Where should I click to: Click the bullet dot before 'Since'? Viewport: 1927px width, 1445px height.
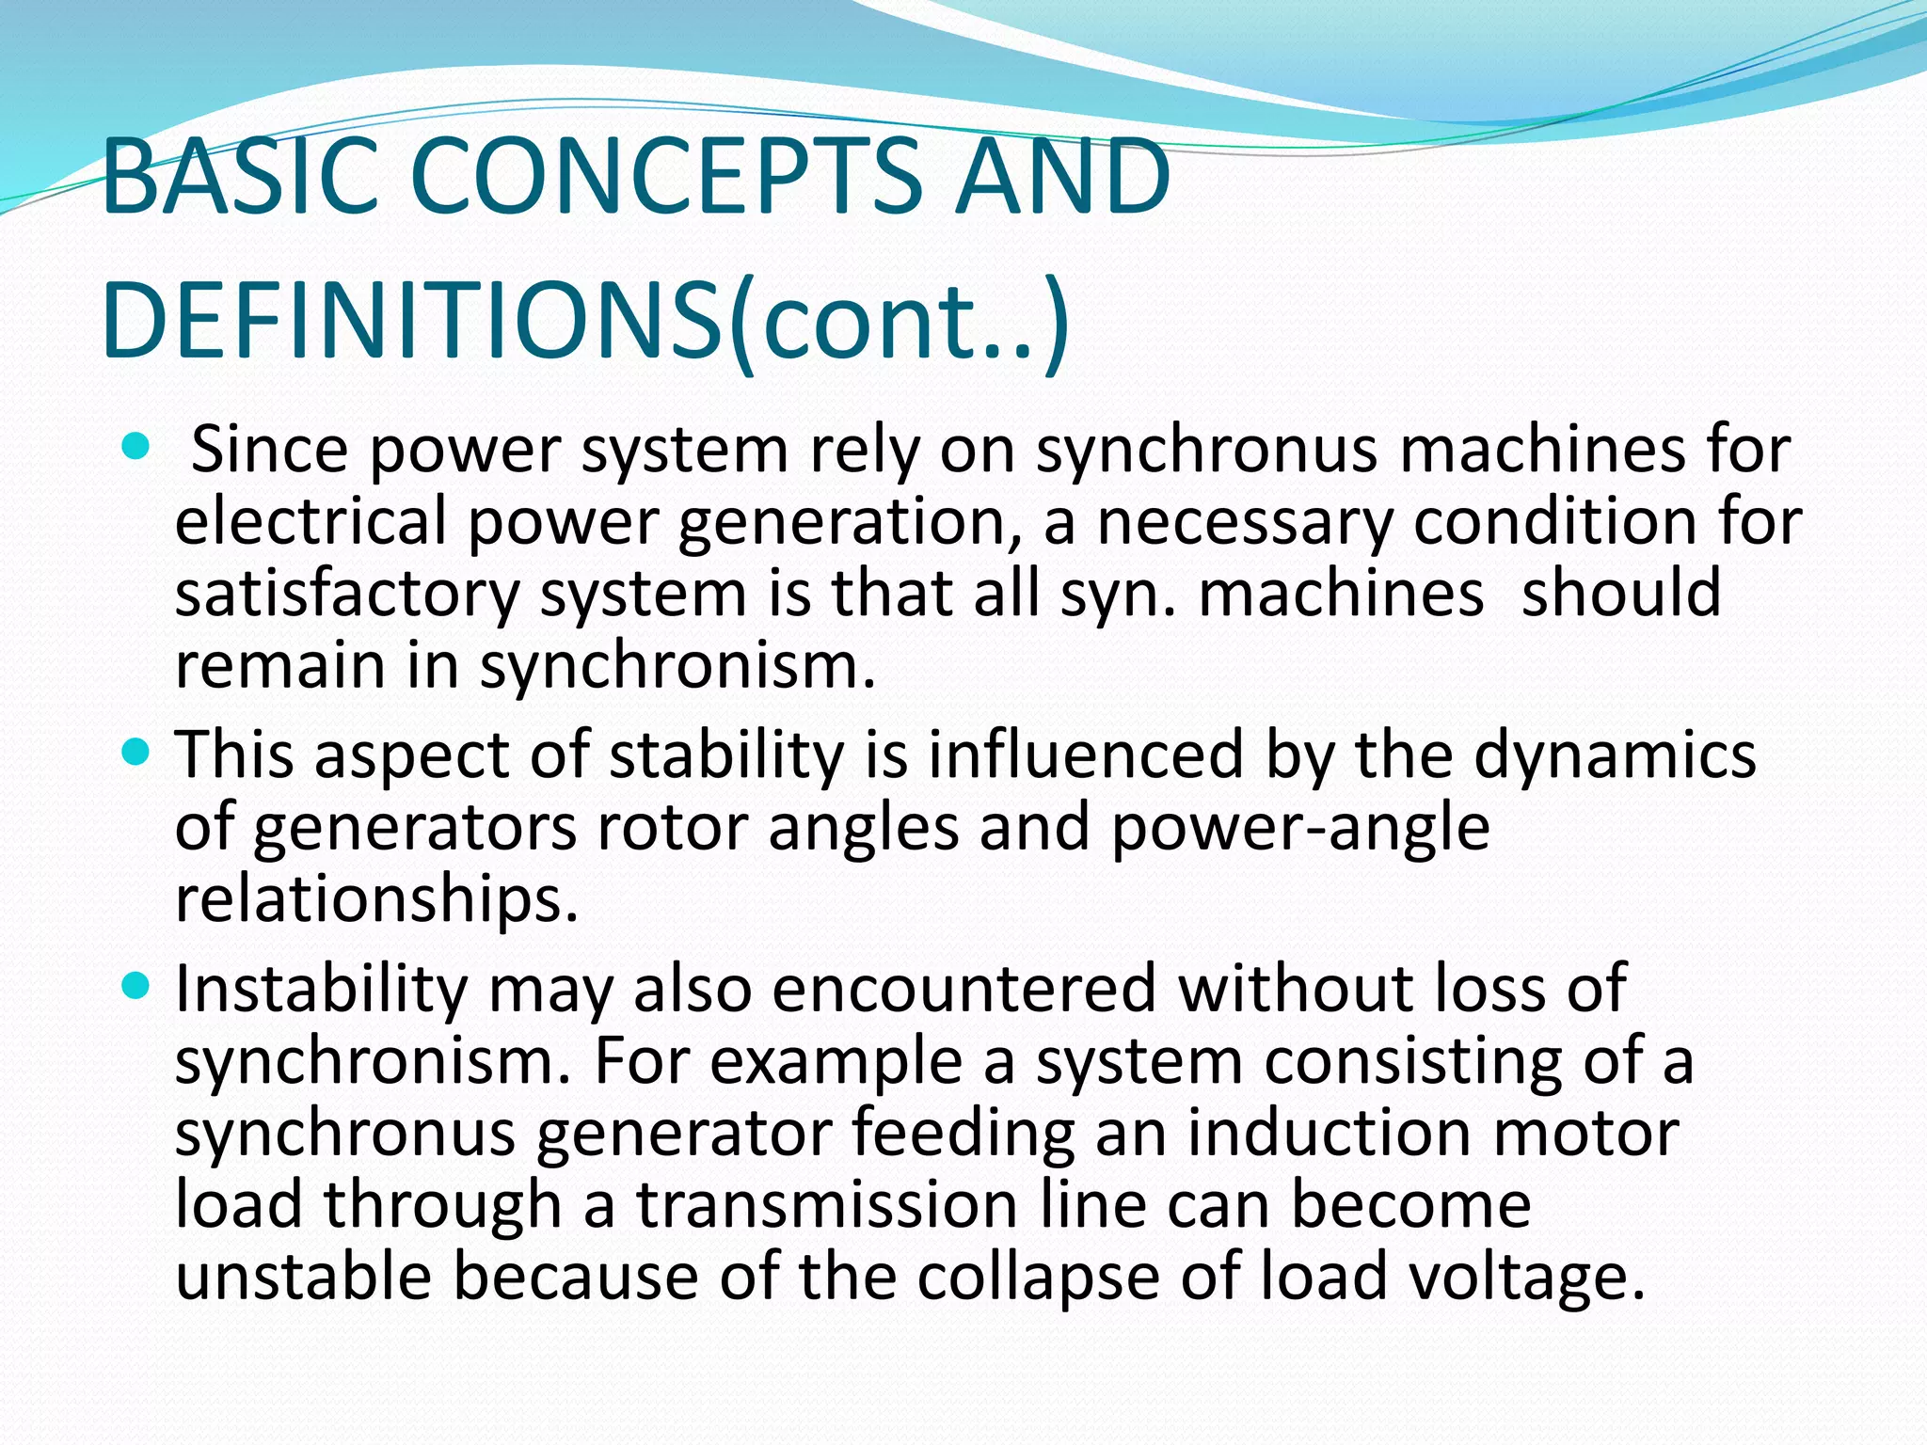coord(136,447)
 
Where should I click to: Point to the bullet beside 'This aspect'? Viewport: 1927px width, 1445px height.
coord(136,753)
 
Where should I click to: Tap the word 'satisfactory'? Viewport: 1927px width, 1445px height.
coord(347,594)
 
